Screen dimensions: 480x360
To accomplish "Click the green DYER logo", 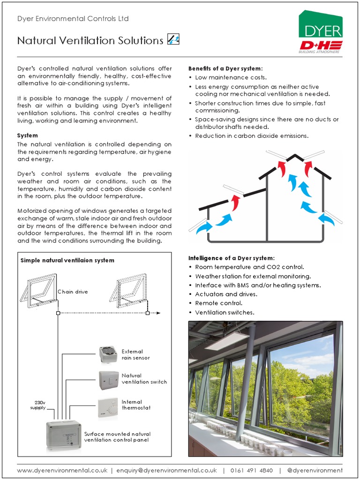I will (x=321, y=26).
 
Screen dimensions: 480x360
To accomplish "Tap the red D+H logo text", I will (x=321, y=45).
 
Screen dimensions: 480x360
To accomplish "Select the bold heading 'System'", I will (x=27, y=135).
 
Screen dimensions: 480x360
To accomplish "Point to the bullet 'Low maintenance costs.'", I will (x=231, y=77).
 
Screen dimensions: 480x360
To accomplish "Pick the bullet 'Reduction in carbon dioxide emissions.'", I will (x=252, y=136).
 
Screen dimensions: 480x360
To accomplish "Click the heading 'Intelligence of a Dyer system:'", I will (x=231, y=258).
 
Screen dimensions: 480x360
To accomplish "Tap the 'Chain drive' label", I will (x=73, y=292).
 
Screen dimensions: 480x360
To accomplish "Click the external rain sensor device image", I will (x=108, y=355).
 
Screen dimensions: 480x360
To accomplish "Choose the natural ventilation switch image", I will (x=108, y=380).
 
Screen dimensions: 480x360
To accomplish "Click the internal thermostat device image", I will (x=108, y=406).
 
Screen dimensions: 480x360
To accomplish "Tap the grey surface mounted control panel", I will (x=63, y=435).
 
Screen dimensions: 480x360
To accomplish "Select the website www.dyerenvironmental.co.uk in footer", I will (x=62, y=470).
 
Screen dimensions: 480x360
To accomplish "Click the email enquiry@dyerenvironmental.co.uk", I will (x=166, y=470).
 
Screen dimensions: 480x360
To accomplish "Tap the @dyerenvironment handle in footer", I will (x=315, y=470).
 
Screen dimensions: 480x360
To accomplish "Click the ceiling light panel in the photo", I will (x=226, y=342).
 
